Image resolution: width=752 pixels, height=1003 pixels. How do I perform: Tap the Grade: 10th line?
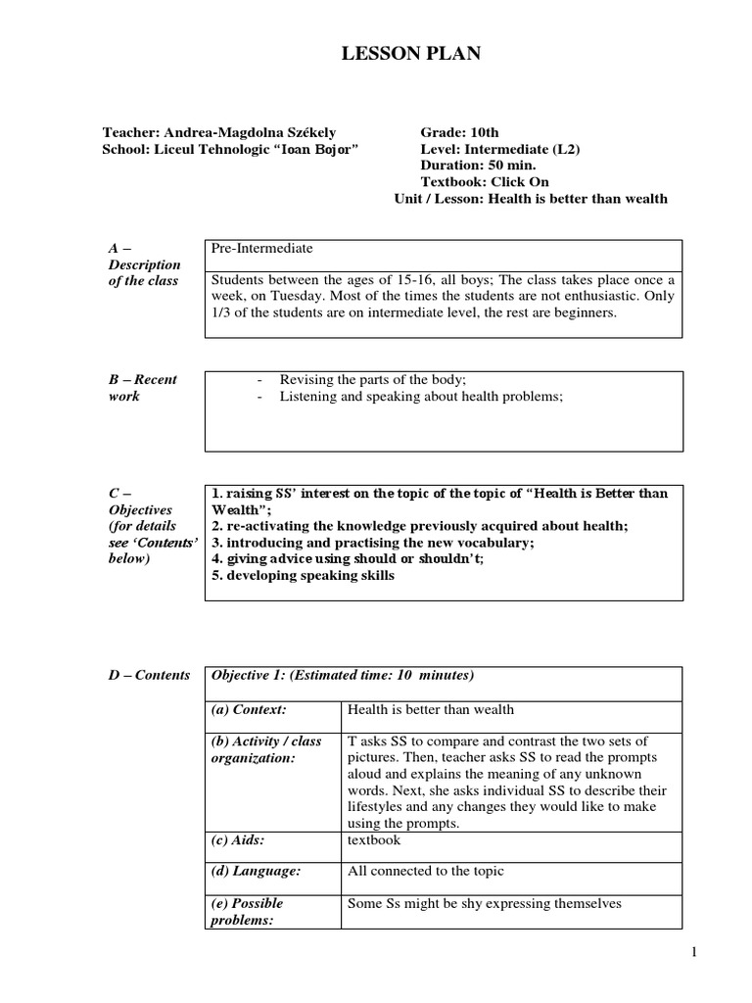coord(459,132)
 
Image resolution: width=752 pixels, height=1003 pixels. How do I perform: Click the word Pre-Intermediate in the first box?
coord(261,249)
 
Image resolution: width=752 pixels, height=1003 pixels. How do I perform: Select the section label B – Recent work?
coord(141,387)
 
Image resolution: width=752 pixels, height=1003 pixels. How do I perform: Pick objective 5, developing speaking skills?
coord(303,575)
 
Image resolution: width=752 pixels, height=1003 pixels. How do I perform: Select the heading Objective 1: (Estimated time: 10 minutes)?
coord(343,676)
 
